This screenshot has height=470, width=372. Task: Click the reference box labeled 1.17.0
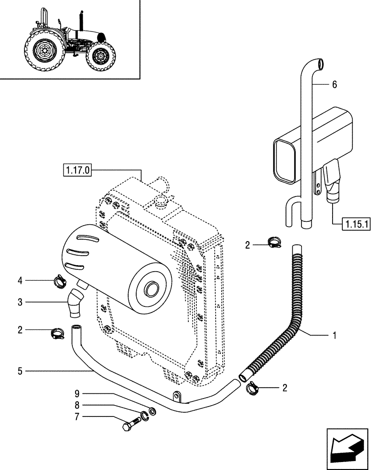(x=77, y=170)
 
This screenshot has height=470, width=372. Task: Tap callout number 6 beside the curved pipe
(x=334, y=85)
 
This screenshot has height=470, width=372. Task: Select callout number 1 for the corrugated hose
(x=334, y=336)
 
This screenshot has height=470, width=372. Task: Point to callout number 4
(x=20, y=281)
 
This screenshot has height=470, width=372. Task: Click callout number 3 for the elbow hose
(x=20, y=302)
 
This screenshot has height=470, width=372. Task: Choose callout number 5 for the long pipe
(x=20, y=371)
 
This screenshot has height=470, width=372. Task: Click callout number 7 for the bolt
(x=77, y=416)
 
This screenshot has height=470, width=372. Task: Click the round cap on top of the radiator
(x=161, y=203)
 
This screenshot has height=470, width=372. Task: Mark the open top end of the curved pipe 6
(x=320, y=63)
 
